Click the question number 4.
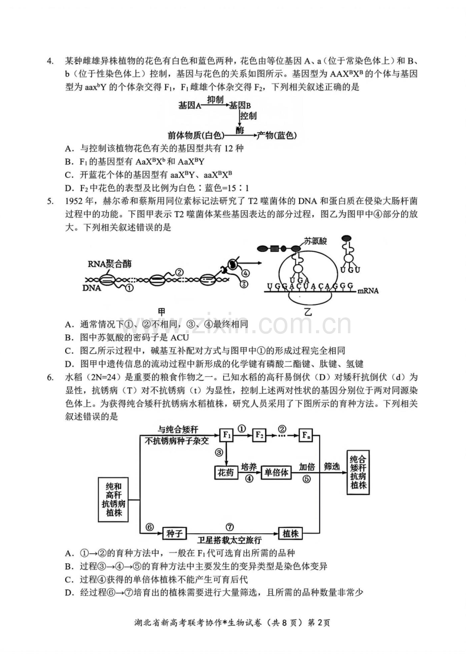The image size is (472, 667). tap(49, 62)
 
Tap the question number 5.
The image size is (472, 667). tap(49, 201)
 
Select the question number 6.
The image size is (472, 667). tap(49, 377)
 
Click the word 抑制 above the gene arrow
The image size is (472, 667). tap(215, 100)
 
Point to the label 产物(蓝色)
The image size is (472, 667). tap(277, 135)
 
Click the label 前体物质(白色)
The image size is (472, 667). tap(196, 135)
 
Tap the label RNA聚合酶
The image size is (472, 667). tap(109, 264)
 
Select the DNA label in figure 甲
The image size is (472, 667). tap(91, 288)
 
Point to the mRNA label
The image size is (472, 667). tap(368, 291)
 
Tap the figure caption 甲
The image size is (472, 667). tap(162, 312)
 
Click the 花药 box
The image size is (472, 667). tap(226, 473)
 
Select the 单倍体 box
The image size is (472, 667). tap(276, 473)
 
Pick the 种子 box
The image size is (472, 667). tap(174, 533)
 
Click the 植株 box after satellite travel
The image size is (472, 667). tap(290, 533)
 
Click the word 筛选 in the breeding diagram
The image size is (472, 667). tap(331, 467)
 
